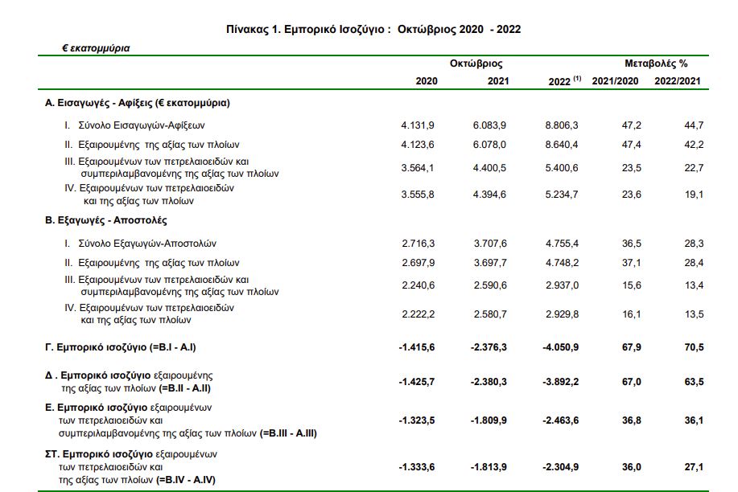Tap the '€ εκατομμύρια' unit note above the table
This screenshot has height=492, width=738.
coord(96,48)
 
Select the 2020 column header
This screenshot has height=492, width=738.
coord(427,81)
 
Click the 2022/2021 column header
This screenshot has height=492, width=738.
coord(678,81)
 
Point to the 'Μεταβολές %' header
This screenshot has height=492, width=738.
coord(656,64)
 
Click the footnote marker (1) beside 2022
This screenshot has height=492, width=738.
coord(577,78)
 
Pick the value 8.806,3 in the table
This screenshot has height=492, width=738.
coord(562,125)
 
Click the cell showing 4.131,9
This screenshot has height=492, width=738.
coord(418,125)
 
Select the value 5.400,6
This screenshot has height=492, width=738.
coord(562,168)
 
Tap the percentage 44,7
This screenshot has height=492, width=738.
coord(694,125)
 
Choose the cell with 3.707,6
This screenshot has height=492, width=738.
coord(490,244)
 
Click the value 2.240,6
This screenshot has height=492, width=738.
coord(418,285)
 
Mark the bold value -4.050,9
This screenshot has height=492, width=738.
coord(561,347)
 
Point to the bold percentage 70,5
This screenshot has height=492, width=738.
coord(694,347)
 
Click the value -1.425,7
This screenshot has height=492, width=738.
coord(417,382)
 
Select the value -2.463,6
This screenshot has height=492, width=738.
coord(561,420)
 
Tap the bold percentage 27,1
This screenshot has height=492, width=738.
coord(694,467)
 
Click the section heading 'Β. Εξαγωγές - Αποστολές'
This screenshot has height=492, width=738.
coord(106,220)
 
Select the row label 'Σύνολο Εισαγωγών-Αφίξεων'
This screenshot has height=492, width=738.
coord(142,125)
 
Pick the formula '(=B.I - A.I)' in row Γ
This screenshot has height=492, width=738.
coord(172,347)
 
